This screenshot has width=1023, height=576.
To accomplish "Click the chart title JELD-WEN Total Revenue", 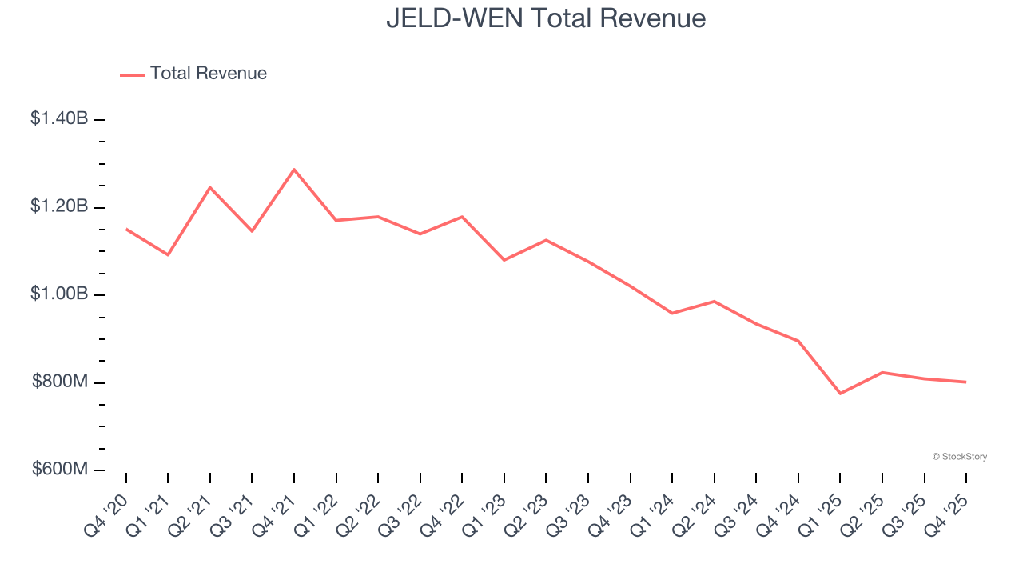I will point(546,18).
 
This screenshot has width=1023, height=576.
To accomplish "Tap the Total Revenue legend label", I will point(208,74).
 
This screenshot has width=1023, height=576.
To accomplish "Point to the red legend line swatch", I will point(132,74).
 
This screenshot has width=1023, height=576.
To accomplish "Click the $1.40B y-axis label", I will point(59,118).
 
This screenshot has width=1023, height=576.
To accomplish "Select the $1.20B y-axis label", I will point(59,206).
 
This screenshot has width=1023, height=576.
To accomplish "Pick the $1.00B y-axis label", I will point(59,294).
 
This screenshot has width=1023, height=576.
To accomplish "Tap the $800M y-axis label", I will point(60,382).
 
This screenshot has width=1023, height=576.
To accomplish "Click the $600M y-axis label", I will point(60,469).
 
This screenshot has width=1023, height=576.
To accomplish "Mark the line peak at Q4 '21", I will point(294,170).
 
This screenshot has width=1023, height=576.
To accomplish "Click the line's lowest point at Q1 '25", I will point(840,394).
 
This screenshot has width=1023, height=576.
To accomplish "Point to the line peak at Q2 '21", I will point(210,187).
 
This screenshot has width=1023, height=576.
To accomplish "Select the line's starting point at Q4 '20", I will point(126,229).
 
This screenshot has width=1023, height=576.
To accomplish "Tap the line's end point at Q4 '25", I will point(965,382).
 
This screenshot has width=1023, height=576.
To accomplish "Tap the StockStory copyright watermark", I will point(959,457).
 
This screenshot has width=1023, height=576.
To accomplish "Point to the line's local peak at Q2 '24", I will point(714,302).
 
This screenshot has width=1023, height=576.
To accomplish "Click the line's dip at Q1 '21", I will point(168,254).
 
